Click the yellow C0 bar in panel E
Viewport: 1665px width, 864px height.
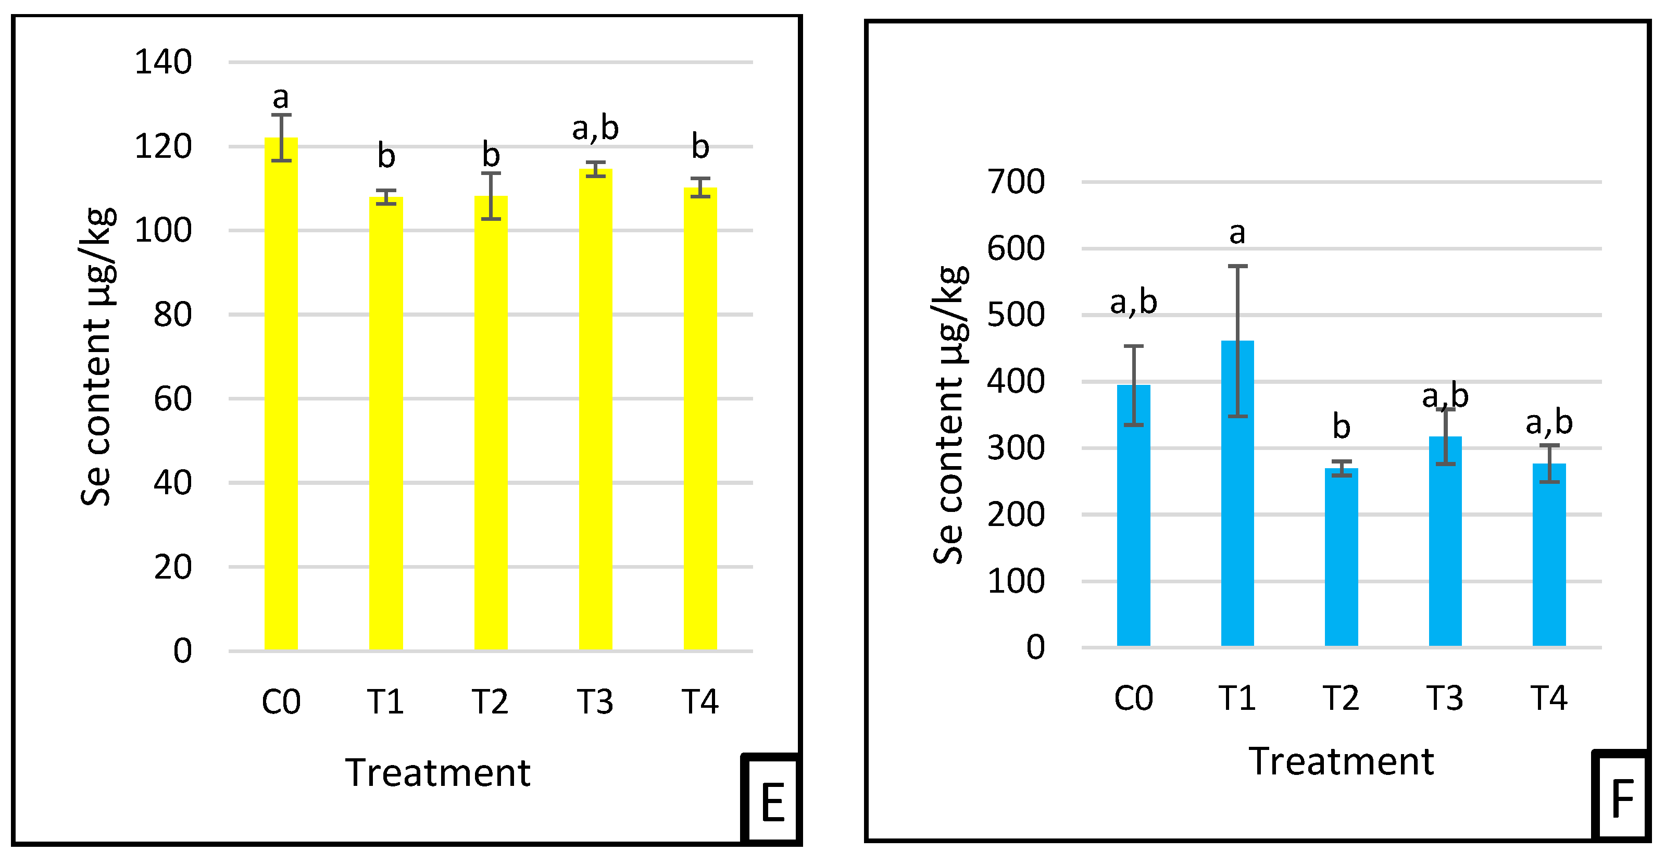(281, 394)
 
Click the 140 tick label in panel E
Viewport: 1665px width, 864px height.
(163, 62)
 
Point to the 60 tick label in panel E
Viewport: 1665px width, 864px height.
(172, 399)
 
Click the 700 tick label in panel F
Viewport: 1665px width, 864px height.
(1016, 182)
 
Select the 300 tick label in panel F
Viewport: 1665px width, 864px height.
(1016, 448)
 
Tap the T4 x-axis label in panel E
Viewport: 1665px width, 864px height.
(700, 702)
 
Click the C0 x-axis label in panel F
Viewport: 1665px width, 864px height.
(1133, 698)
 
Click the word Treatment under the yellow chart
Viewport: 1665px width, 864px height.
(437, 773)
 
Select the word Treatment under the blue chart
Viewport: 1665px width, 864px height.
(1341, 762)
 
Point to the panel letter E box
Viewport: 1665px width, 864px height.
(773, 802)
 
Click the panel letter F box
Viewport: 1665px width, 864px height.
(1622, 799)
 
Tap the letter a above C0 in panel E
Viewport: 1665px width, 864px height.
(281, 98)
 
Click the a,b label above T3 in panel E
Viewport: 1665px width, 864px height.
(595, 128)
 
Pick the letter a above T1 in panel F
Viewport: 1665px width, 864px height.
(1237, 233)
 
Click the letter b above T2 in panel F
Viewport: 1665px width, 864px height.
(1341, 427)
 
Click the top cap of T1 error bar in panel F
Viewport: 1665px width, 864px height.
(1237, 266)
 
